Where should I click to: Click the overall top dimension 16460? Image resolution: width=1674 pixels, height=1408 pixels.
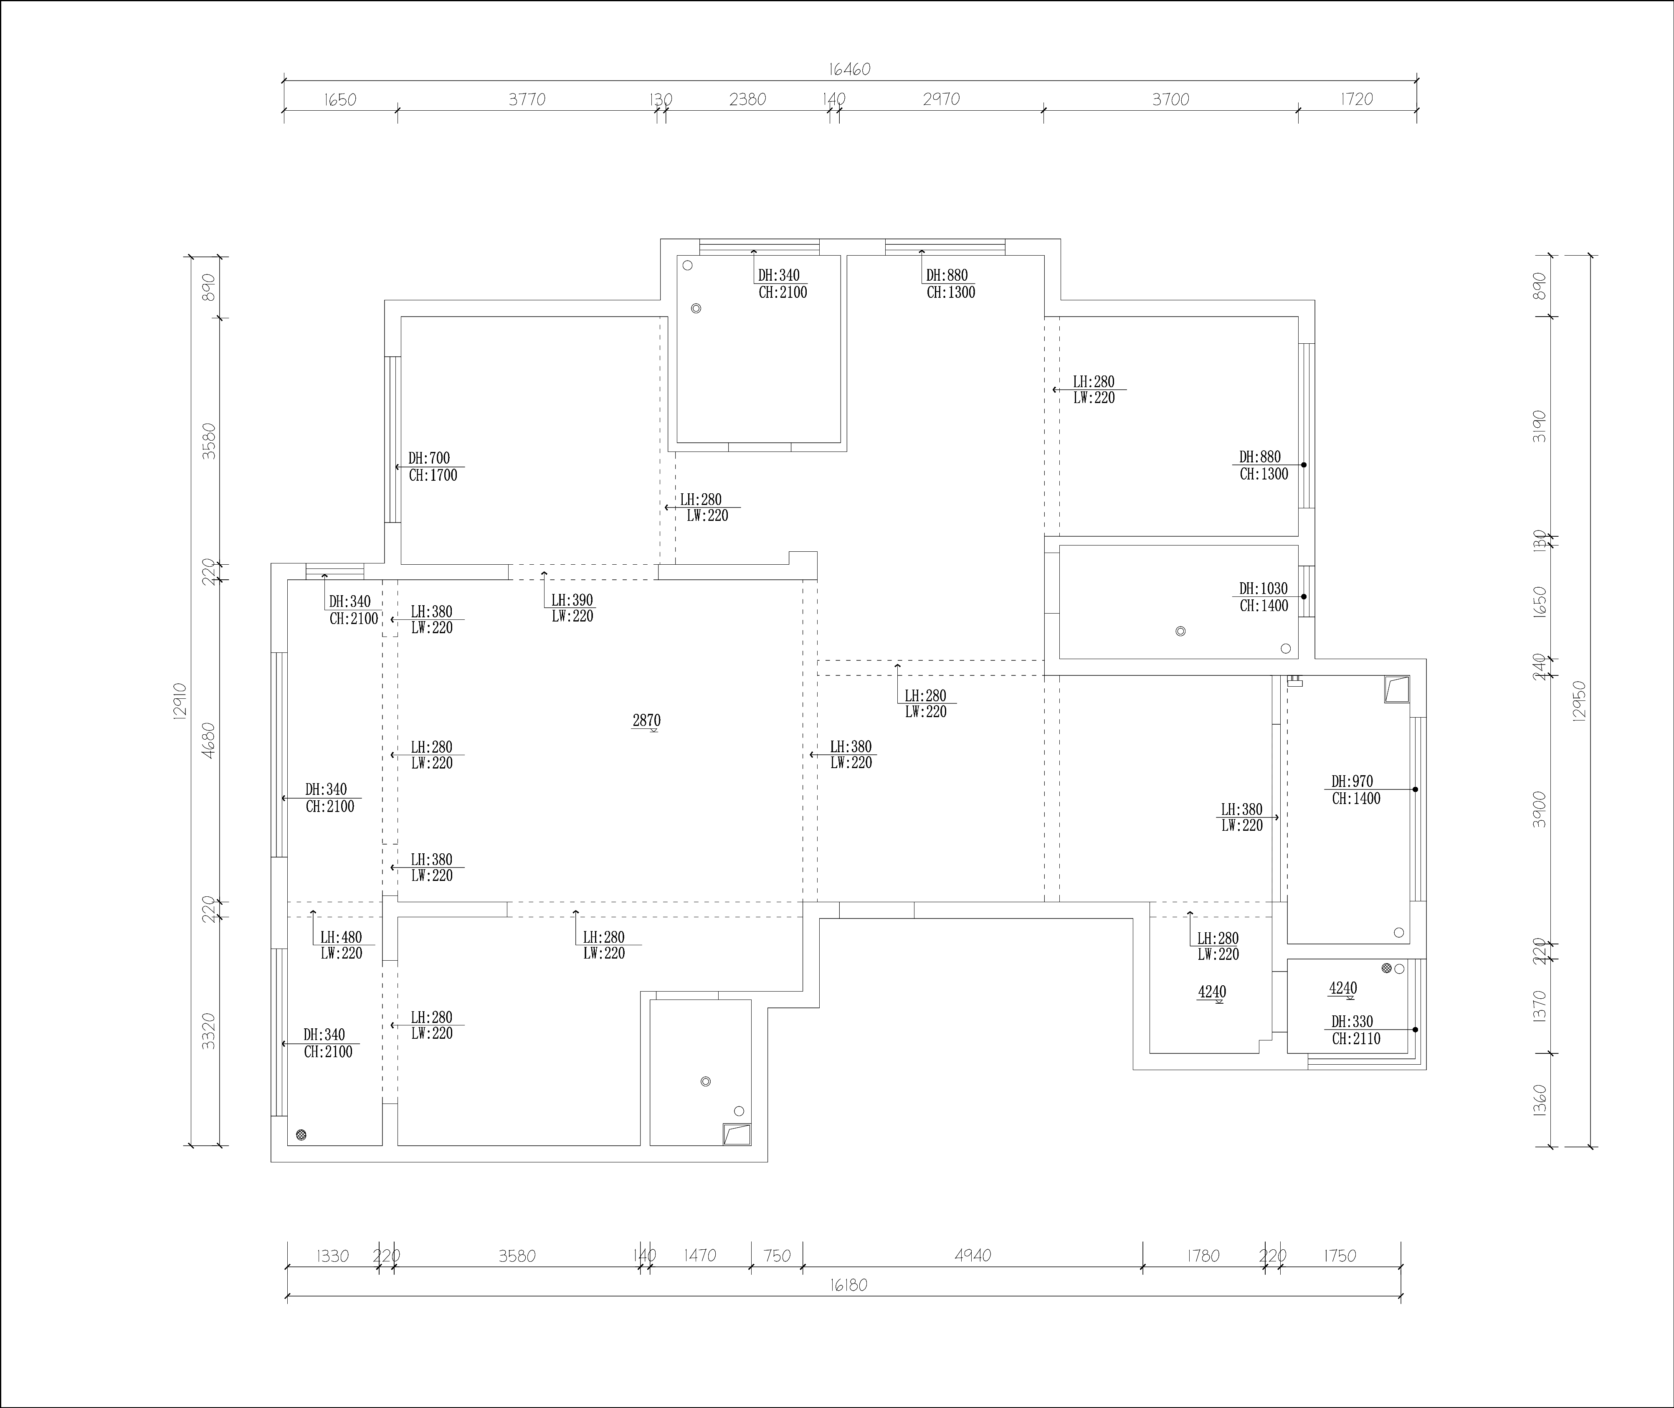[849, 69]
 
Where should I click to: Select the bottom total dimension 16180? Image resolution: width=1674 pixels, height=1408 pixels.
[848, 1286]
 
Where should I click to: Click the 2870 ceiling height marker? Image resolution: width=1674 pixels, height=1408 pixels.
[646, 722]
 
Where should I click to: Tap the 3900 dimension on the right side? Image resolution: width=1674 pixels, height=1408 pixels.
[1540, 809]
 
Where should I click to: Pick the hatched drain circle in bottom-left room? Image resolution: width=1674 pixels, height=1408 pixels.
[301, 1135]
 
